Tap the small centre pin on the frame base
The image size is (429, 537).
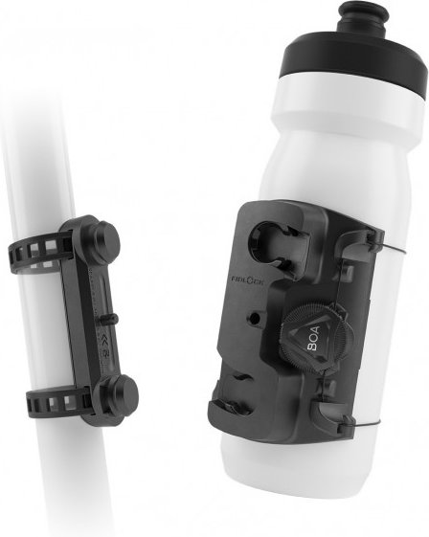pos(114,319)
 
